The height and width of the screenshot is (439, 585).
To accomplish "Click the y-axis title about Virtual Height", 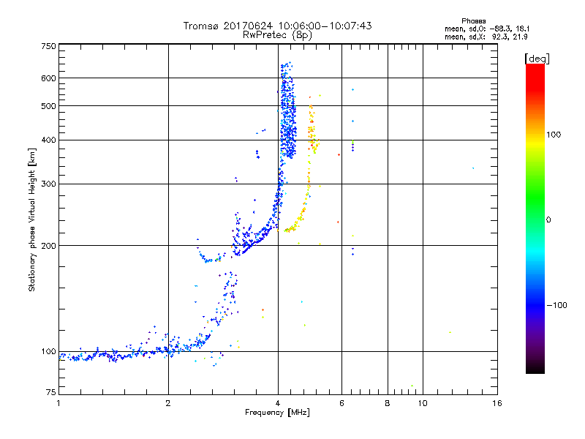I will [32, 219].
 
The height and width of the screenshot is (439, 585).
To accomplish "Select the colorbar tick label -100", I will [557, 305].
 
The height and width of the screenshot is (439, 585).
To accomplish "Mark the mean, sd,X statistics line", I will [497, 37].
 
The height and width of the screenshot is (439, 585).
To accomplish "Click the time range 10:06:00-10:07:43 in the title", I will [324, 26].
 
